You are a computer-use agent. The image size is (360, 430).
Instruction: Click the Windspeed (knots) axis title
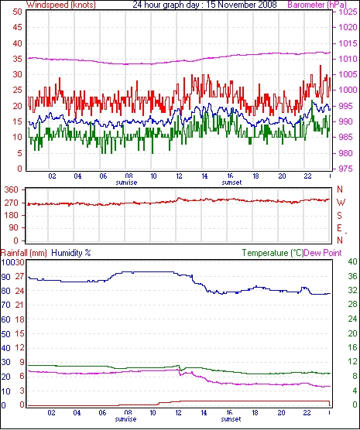point(61,5)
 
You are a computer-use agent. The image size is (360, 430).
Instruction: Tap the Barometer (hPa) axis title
point(317,5)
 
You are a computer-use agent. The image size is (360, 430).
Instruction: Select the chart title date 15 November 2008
point(242,5)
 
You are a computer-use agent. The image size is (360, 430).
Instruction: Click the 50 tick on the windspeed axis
point(17,12)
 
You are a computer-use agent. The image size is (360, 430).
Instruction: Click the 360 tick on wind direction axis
point(12,189)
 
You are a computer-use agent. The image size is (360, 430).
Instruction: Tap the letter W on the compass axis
point(341,203)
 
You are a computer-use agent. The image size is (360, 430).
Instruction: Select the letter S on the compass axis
point(339,216)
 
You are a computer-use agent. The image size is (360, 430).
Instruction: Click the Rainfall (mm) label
point(24,253)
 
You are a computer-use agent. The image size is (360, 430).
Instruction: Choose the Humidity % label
point(71,253)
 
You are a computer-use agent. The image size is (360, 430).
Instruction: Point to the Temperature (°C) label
point(273,253)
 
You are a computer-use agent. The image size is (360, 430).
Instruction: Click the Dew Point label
point(323,253)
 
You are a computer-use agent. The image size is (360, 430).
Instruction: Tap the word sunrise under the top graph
point(126,183)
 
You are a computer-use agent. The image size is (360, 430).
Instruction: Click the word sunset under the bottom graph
point(231,419)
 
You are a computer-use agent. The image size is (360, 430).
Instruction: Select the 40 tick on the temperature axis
point(352,261)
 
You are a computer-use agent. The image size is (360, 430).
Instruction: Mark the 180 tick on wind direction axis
point(12,215)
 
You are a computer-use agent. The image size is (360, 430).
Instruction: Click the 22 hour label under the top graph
point(308,176)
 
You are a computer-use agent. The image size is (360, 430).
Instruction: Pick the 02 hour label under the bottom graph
point(51,412)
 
